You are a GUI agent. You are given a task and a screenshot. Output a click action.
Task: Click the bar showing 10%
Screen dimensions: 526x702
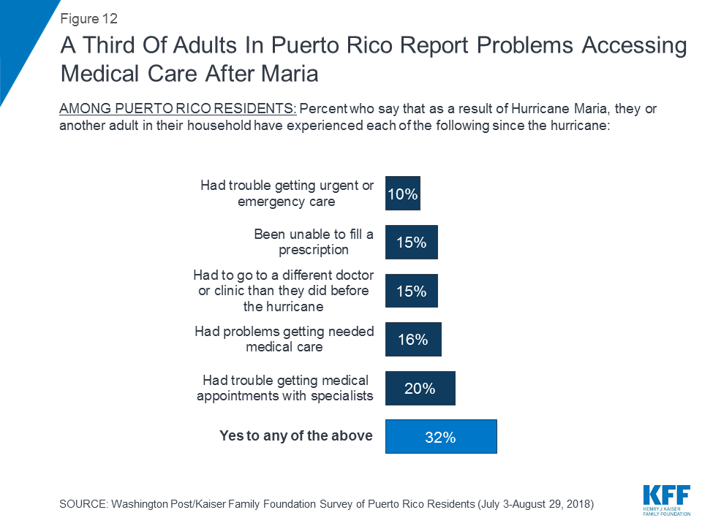(402, 194)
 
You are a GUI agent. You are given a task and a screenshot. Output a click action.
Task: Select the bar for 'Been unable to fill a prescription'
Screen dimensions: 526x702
(411, 242)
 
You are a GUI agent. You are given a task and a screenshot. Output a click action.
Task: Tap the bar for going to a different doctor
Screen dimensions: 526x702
(411, 291)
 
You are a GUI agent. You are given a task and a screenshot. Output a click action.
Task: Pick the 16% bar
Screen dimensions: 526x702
(413, 339)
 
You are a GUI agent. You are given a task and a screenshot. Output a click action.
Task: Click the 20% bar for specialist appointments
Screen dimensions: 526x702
(420, 388)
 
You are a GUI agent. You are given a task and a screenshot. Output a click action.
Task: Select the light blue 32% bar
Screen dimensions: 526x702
(441, 436)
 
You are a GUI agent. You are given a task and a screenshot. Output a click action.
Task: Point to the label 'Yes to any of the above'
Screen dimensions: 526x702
(296, 436)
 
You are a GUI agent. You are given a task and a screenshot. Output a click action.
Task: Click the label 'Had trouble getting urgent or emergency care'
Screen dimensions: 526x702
(287, 194)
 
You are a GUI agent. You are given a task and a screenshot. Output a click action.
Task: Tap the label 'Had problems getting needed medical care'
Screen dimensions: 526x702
(284, 339)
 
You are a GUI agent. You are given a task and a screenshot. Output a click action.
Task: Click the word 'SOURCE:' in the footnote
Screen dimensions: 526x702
(82, 505)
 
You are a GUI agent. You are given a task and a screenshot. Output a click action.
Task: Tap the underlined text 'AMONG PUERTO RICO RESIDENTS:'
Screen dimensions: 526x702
(178, 109)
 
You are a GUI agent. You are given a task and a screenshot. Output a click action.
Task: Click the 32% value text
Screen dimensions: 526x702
(441, 437)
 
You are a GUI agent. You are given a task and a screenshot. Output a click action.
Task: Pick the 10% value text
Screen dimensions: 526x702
(403, 194)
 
